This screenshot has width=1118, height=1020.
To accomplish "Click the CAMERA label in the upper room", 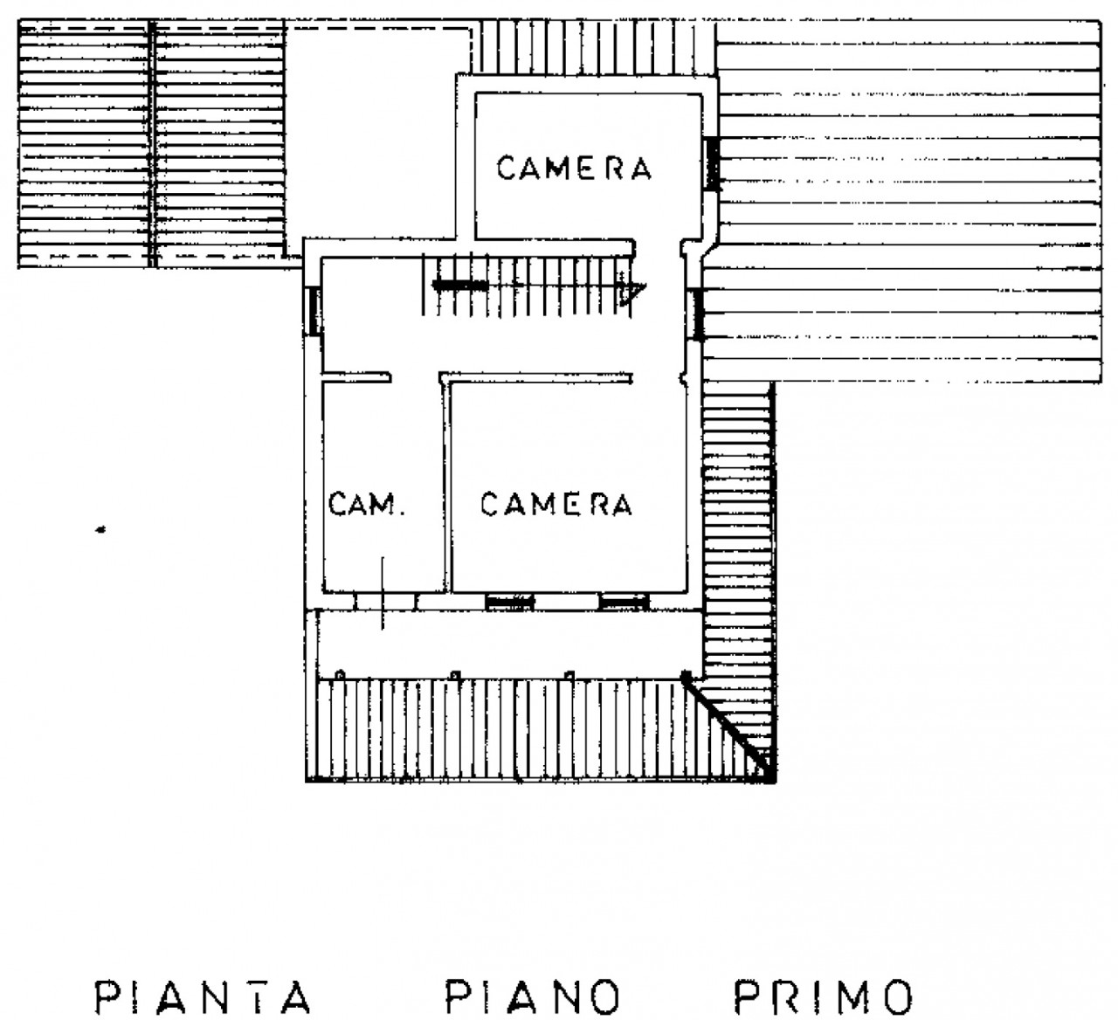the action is click(x=574, y=169).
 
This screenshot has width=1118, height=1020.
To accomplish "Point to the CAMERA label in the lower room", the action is click(x=556, y=504).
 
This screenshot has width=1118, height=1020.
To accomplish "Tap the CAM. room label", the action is click(x=366, y=504).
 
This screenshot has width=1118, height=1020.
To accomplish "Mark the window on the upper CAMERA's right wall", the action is click(x=712, y=164).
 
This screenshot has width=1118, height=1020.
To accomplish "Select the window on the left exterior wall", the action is click(x=314, y=311).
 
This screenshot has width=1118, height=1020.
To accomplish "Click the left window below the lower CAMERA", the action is click(x=510, y=602).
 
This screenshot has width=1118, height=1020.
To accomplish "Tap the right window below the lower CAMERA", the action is click(x=625, y=602).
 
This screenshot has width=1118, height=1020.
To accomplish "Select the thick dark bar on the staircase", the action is click(x=460, y=285).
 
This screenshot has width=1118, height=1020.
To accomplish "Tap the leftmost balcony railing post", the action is click(x=341, y=675).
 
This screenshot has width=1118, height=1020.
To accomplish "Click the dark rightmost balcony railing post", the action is click(x=687, y=675).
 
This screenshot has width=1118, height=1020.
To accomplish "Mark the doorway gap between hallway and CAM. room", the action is click(x=415, y=378).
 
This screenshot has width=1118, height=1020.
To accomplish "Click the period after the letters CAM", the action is click(x=399, y=513).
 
